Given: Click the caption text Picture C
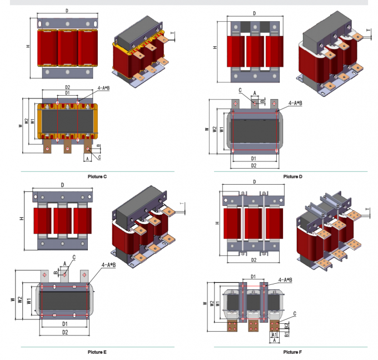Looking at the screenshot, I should [97, 176].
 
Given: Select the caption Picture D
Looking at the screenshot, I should [292, 176].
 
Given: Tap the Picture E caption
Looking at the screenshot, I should [97, 352].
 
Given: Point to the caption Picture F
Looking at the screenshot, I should [292, 352].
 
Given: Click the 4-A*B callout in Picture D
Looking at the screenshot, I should [295, 103].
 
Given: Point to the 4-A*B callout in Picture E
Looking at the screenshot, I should [108, 265].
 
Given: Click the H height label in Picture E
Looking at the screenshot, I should [21, 219].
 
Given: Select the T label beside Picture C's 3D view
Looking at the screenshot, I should [173, 34].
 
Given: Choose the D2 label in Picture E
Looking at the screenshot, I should [65, 332].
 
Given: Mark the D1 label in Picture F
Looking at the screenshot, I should [252, 276].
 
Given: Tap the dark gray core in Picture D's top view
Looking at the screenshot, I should [253, 132].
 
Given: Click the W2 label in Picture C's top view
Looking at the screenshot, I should [27, 121].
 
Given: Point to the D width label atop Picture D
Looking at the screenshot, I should [254, 13].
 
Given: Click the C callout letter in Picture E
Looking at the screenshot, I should [74, 257].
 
